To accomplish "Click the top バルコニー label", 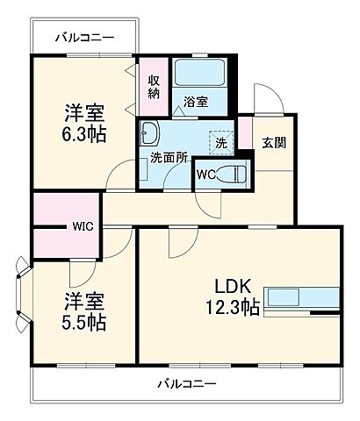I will tap(84, 39).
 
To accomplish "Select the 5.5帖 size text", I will tap(84, 322).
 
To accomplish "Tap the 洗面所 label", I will tap(164, 160).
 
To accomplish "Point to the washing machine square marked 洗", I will tap(219, 139).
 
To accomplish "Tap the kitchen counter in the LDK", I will tap(301, 299).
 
